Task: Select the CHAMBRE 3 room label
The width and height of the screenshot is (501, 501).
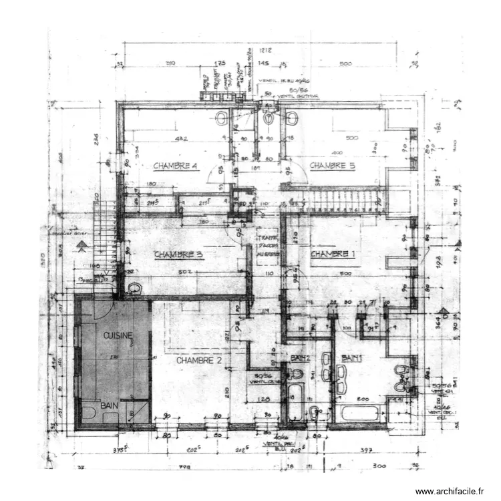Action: point(178,255)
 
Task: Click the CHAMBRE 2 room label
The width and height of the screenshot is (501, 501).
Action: point(199,360)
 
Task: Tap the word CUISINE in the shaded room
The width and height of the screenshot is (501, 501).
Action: point(118,335)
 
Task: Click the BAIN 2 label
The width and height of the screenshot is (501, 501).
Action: point(301,358)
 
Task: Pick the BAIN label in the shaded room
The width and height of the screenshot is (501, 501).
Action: point(110,405)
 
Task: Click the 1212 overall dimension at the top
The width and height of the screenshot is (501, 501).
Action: point(265,50)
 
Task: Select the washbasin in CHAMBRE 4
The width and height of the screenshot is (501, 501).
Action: point(222,118)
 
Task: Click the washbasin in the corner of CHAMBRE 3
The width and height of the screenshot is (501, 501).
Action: point(136,288)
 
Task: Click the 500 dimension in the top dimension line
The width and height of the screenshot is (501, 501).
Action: point(345,63)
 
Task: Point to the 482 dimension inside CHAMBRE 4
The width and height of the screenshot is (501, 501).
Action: point(180,139)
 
